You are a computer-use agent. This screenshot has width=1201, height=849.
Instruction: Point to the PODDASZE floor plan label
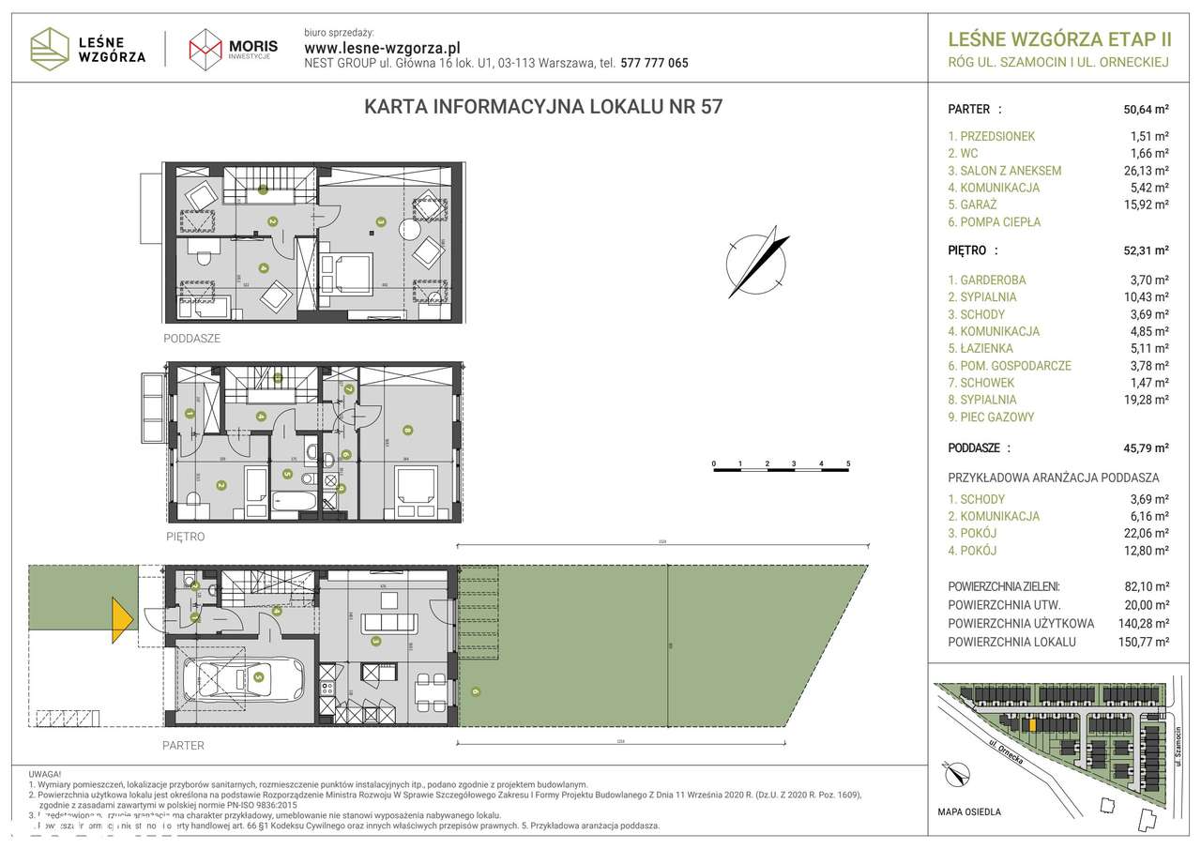pyautogui.click(x=191, y=339)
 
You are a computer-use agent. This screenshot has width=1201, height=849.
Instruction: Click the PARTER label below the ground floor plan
pyautogui.click(x=183, y=746)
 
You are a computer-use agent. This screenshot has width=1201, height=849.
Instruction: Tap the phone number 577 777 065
pyautogui.click(x=653, y=64)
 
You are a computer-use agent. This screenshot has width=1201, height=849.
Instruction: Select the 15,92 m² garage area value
pyautogui.click(x=1148, y=205)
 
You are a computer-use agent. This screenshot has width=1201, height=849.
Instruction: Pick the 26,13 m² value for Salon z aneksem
pyautogui.click(x=1148, y=171)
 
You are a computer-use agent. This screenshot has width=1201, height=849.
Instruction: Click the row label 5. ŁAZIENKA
pyautogui.click(x=981, y=348)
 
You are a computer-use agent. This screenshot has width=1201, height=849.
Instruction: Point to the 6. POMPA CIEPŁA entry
pyautogui.click(x=994, y=222)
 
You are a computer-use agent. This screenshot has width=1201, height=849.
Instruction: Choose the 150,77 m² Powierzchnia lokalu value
pyautogui.click(x=1145, y=642)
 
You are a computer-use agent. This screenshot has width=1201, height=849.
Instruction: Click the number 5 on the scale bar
pyautogui.click(x=848, y=463)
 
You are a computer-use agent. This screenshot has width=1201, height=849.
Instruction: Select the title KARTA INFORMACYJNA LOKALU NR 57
pyautogui.click(x=542, y=107)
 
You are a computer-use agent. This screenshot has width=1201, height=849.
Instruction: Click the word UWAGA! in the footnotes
pyautogui.click(x=46, y=773)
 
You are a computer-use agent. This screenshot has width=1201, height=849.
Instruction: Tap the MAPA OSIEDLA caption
pyautogui.click(x=969, y=811)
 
